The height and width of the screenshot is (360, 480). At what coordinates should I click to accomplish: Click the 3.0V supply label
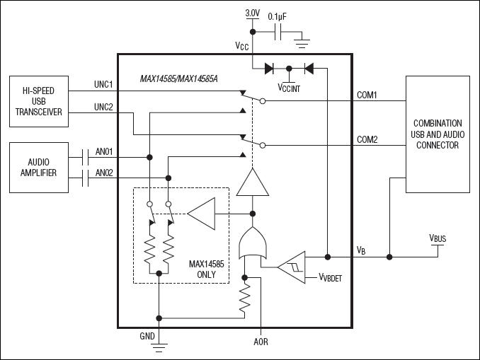252,13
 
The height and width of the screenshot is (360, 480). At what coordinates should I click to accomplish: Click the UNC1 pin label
104,85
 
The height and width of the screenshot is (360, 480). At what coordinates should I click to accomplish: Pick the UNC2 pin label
104,106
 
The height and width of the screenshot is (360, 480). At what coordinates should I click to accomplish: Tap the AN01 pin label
104,151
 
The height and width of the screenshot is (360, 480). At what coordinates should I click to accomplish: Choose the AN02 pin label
104,172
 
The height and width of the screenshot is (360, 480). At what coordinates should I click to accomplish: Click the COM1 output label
366,95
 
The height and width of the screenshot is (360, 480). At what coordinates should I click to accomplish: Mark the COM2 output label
366,139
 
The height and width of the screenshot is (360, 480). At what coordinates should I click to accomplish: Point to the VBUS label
438,239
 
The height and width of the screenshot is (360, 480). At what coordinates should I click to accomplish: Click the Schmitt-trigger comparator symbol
292,266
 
